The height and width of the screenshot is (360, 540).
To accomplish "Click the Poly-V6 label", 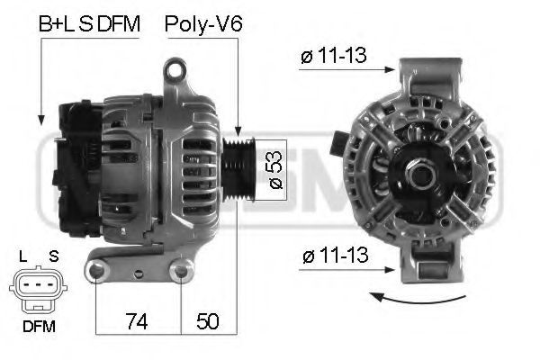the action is pyautogui.click(x=203, y=24).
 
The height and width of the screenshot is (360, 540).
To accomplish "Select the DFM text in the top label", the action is pyautogui.click(x=119, y=23).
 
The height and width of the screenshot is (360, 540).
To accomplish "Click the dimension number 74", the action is pyautogui.click(x=137, y=321).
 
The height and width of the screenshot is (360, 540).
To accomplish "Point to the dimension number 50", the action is pyautogui.click(x=207, y=321).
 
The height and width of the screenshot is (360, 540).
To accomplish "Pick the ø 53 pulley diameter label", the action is pyautogui.click(x=276, y=170).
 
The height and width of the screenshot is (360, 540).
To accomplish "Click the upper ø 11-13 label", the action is pyautogui.click(x=333, y=55).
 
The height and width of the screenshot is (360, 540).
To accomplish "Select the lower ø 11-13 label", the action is pyautogui.click(x=336, y=256).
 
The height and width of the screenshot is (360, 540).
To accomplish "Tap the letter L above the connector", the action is pyautogui.click(x=23, y=256).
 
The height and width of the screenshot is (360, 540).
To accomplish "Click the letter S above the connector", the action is pyautogui.click(x=53, y=256).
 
